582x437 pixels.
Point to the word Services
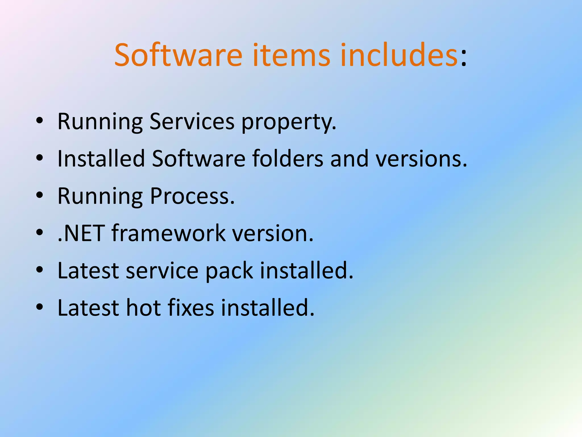point(192,121)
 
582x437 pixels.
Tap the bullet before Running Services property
point(40,120)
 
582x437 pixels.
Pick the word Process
point(192,196)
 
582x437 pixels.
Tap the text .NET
point(81,233)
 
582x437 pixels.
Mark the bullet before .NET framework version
point(40,232)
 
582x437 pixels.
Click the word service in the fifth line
point(162,271)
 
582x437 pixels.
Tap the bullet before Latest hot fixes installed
point(40,307)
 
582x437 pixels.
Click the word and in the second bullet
point(349,158)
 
